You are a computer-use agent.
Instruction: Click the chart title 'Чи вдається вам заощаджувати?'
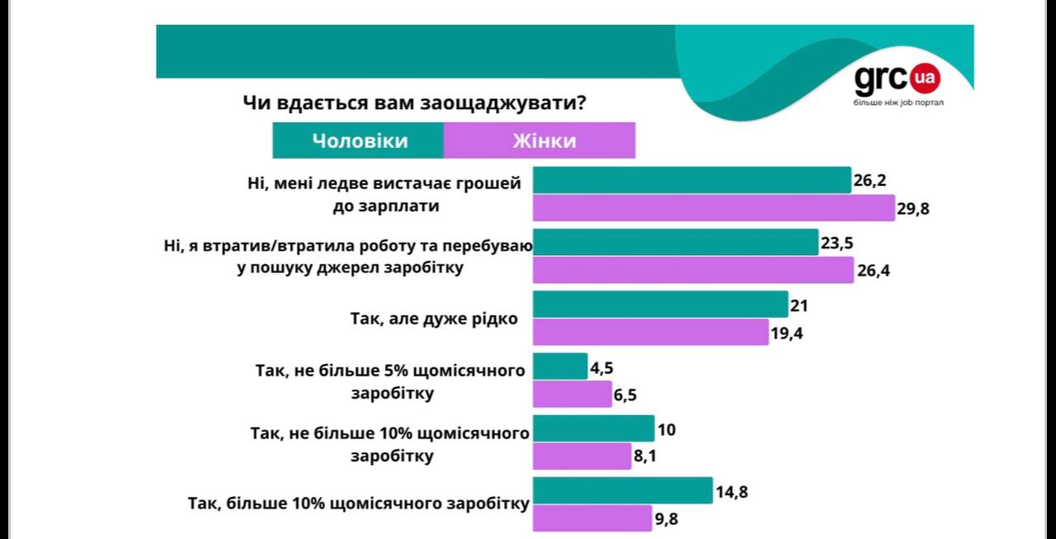[x=414, y=104]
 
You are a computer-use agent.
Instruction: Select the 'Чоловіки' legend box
[x=359, y=140]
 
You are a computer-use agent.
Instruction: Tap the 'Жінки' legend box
[x=540, y=140]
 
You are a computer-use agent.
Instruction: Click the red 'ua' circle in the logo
[x=925, y=79]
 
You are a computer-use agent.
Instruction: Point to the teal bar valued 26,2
[x=691, y=180]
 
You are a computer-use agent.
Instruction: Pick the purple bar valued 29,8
[x=714, y=208]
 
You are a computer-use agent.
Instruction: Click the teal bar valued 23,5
[x=676, y=243]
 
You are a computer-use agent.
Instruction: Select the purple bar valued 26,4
[x=693, y=270]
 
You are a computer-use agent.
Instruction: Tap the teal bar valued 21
[x=660, y=305]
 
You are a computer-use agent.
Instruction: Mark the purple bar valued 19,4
[x=651, y=332]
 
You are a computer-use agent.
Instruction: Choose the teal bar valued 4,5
[x=560, y=366]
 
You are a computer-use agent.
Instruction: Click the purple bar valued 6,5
[x=572, y=394]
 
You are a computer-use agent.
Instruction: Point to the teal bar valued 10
[x=593, y=428]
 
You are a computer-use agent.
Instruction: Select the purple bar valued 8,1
[x=582, y=456]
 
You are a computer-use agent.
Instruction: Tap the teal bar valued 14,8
[x=623, y=490]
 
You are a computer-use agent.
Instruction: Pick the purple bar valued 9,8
[x=592, y=518]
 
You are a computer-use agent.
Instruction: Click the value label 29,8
[x=913, y=209]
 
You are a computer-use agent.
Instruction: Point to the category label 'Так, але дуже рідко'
[x=434, y=319]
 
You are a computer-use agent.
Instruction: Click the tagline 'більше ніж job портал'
[x=898, y=102]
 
